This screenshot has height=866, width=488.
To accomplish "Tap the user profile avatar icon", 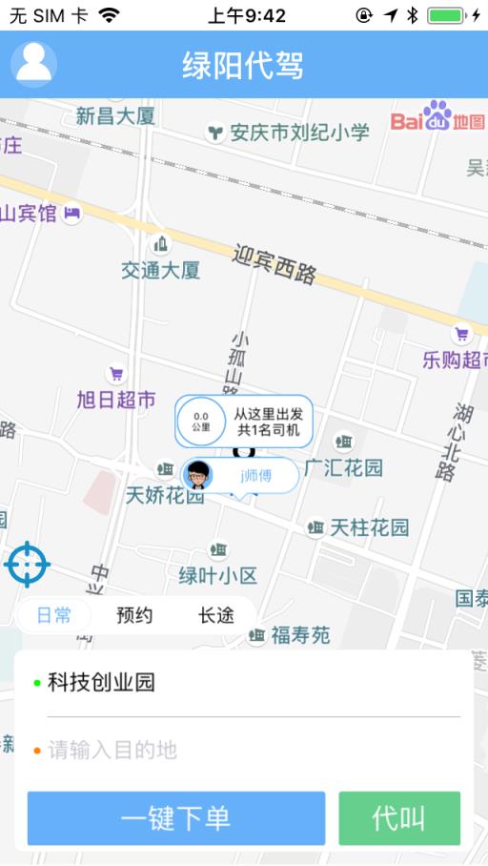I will pos(34,64).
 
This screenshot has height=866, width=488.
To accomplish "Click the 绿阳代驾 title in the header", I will pos(243,66).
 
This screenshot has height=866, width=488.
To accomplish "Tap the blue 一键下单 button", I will pos(175,818).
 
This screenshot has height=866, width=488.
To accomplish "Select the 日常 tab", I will pos(54,615).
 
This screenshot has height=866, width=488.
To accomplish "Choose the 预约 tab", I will pos(134,615).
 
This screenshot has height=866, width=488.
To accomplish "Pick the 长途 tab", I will pos(216,615).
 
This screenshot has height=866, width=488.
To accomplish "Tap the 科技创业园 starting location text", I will pos(101,683).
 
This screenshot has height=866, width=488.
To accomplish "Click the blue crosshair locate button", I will pos(28,565).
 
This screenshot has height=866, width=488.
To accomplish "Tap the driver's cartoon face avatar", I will pos(198,475).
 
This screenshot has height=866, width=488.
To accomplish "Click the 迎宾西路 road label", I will pos(274,263).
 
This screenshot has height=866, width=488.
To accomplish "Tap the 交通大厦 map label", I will pos(160,270).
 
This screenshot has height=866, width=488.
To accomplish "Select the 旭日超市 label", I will pos(116,400).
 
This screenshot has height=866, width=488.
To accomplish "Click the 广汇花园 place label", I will pos(343,467).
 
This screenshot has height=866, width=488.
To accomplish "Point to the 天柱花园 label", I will pos(369,526).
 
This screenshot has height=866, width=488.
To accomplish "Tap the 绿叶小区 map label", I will pos(218,575).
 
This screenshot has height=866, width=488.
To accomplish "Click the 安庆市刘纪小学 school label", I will pos(299,133).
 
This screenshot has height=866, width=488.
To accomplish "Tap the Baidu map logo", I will pos(437,117).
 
